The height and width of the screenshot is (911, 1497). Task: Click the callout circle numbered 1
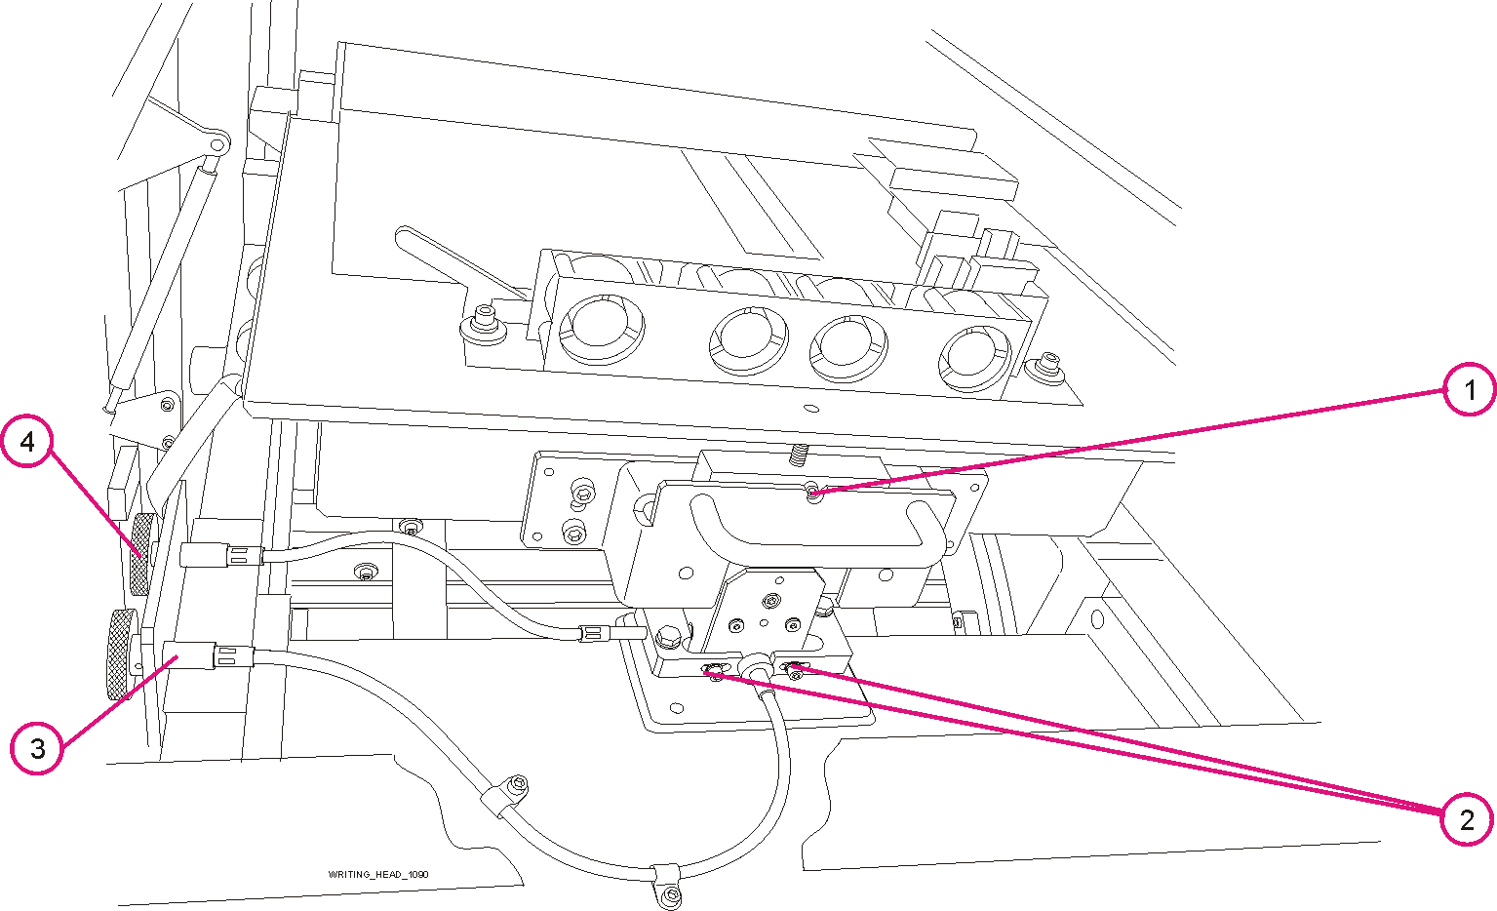(x=1468, y=389)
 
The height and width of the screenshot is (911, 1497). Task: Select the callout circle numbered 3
(x=37, y=748)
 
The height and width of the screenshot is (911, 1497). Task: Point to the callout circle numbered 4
(x=27, y=441)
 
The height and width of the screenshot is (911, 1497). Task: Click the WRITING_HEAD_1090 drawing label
(x=378, y=874)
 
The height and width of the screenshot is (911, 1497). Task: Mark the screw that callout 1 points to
(x=813, y=495)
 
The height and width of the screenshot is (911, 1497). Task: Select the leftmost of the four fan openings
(x=602, y=326)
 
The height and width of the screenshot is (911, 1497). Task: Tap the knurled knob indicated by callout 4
(x=142, y=554)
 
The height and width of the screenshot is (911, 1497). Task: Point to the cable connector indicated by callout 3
(x=190, y=655)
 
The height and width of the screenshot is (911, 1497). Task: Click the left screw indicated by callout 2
(x=715, y=670)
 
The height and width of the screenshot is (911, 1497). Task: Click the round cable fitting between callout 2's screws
(x=755, y=670)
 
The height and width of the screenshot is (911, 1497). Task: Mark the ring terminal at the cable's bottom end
(x=669, y=895)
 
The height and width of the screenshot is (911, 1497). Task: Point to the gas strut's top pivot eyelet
(x=218, y=143)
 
